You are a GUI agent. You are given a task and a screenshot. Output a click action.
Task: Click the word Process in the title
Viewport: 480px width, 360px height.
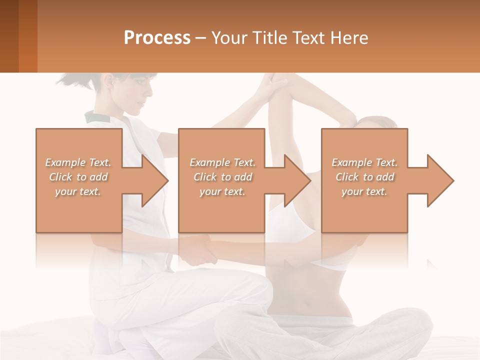click(157, 37)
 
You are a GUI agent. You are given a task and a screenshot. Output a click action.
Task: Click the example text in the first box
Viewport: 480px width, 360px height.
click(78, 177)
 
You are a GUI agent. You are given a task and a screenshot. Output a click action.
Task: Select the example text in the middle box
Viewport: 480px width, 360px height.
click(222, 177)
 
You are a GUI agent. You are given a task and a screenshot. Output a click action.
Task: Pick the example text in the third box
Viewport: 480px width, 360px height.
click(364, 177)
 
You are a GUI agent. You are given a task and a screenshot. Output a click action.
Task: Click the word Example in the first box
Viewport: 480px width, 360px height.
click(65, 162)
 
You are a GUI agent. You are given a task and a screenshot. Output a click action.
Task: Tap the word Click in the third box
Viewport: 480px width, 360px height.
click(347, 177)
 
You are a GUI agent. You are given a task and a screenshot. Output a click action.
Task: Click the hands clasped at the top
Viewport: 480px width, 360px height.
click(274, 85)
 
